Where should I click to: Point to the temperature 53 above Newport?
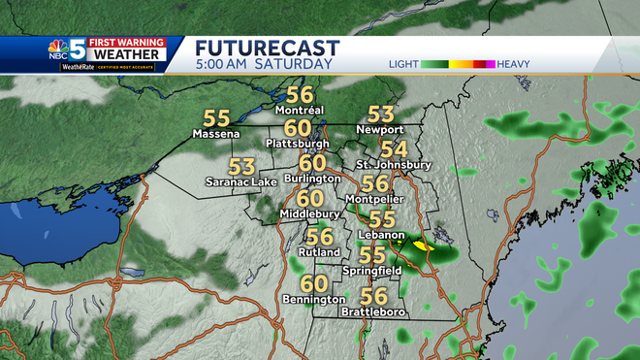379,115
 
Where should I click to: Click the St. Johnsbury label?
393,165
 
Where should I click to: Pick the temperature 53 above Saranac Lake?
241,166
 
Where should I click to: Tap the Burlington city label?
312,179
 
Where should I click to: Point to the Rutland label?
318,251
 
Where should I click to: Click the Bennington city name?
312,301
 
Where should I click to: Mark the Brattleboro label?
373,312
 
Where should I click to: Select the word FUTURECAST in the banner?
267,48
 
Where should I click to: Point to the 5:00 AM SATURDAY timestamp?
263,64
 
